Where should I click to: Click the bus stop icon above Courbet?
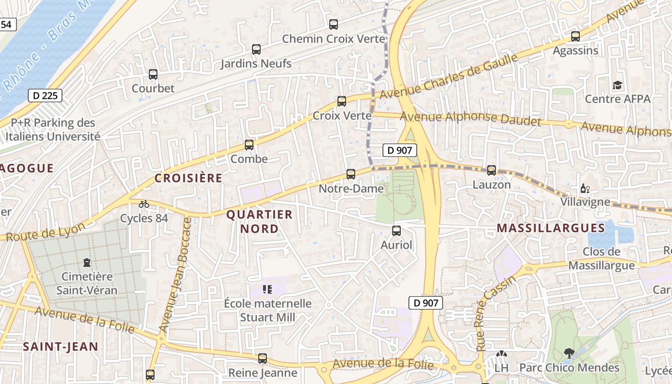point(153,74)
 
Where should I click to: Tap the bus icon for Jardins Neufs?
point(256,49)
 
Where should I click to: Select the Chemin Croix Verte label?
point(334,38)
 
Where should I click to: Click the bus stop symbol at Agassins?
point(576,36)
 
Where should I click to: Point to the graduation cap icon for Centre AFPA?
point(617,85)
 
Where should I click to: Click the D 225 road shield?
point(46,96)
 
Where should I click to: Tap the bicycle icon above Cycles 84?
point(144,204)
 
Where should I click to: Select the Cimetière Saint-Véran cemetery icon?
point(87,263)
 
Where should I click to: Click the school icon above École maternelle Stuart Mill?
point(267,289)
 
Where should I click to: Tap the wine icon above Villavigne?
point(585,189)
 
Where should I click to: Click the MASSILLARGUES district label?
point(551,228)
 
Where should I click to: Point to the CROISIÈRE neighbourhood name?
point(189,178)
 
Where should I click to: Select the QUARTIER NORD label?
point(259,221)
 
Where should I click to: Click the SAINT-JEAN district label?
point(60,346)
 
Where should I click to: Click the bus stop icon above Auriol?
point(396,231)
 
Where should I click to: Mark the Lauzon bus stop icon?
point(492,170)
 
